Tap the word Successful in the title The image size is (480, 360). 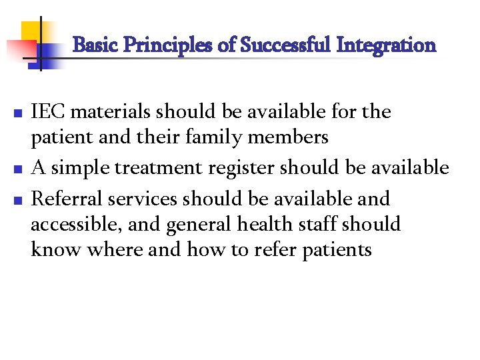[x=286, y=46]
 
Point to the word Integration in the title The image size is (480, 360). [x=387, y=46]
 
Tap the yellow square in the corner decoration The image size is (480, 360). [x=31, y=31]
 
